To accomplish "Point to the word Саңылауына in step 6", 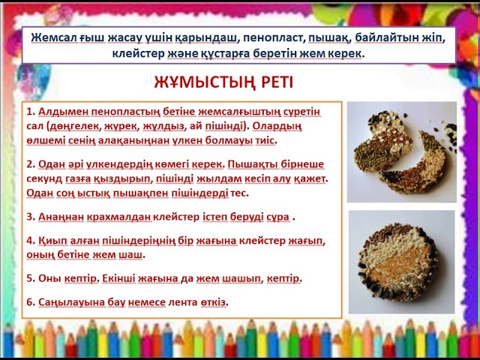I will point(70,301).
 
